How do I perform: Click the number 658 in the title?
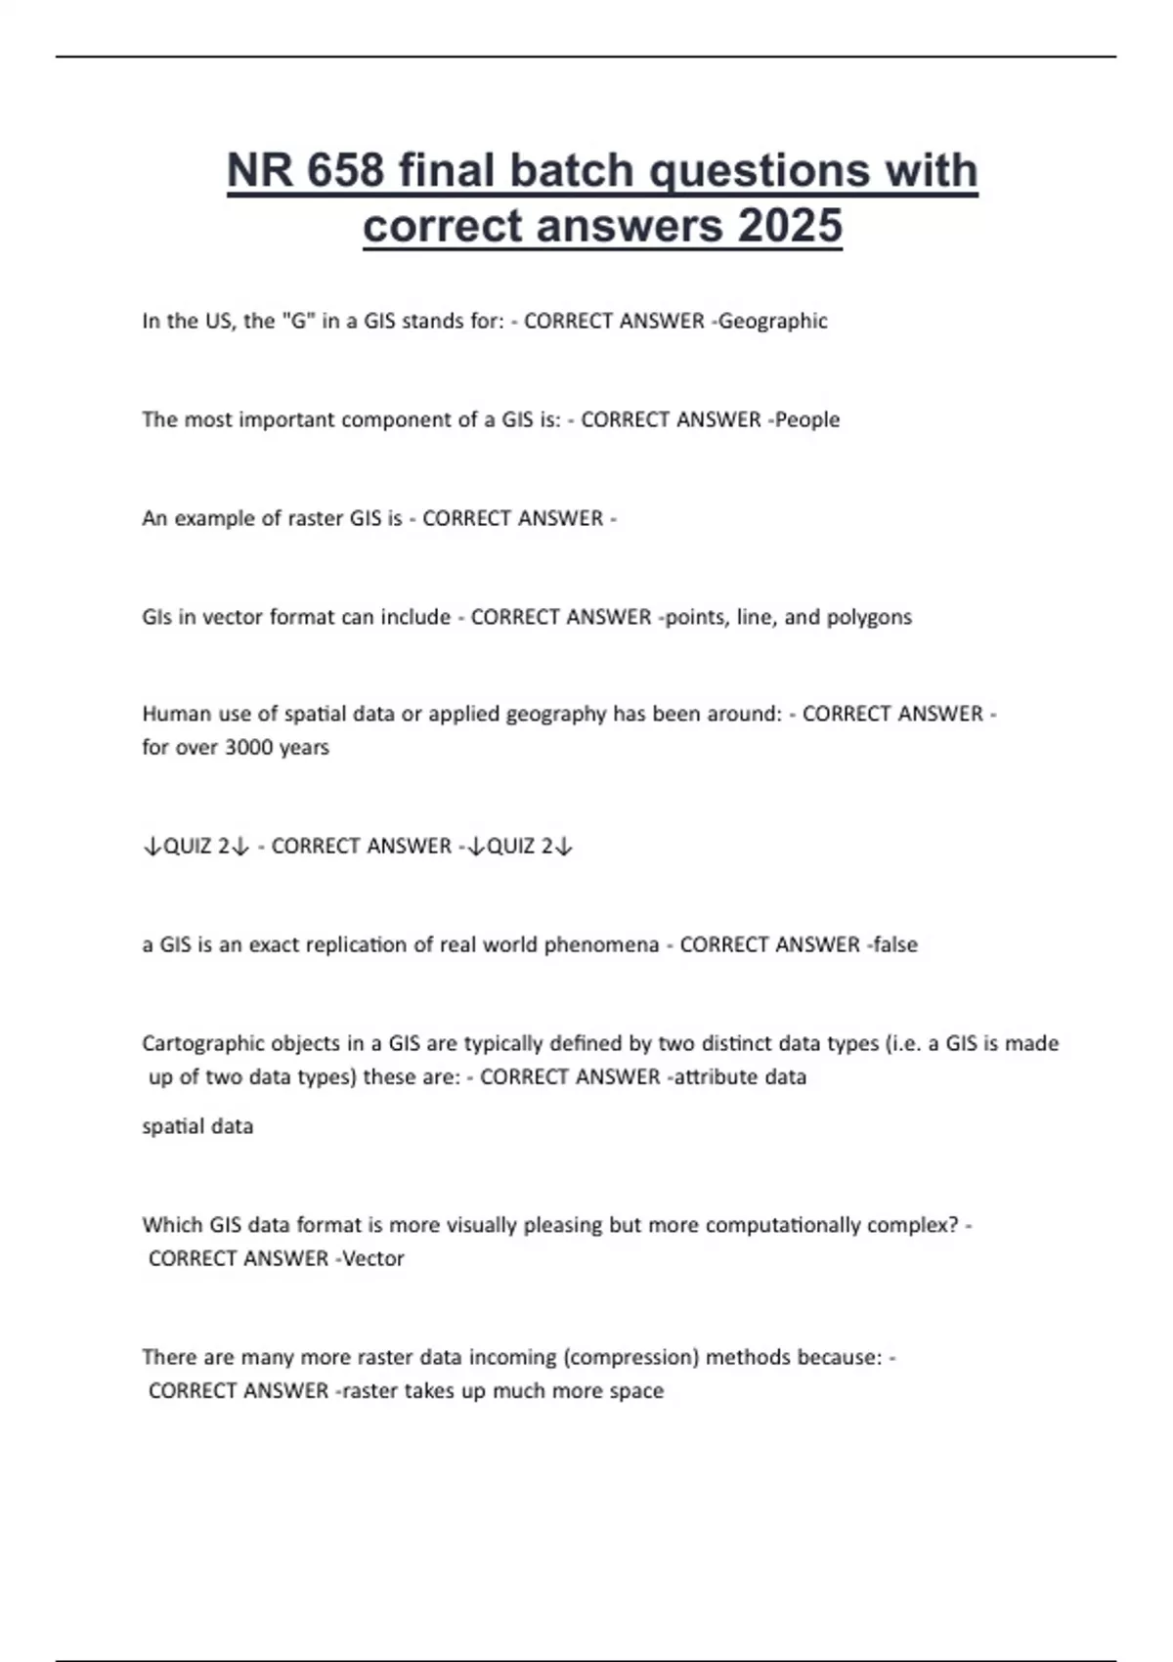click(x=345, y=170)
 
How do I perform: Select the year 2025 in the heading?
click(x=790, y=226)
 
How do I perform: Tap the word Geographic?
click(x=773, y=321)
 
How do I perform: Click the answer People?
click(x=807, y=419)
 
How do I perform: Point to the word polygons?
click(x=869, y=617)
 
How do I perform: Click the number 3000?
click(x=251, y=747)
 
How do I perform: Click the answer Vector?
click(x=372, y=1258)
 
